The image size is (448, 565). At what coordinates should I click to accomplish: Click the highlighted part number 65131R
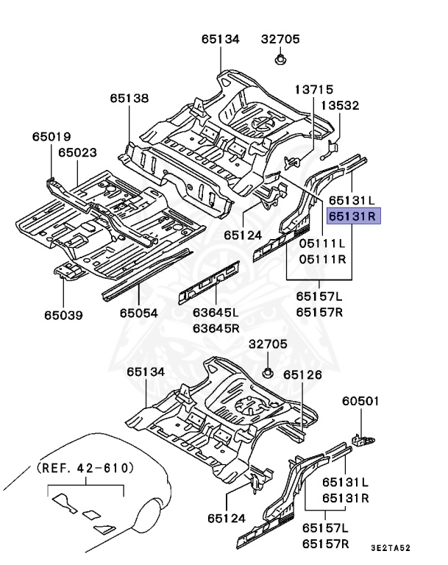352,216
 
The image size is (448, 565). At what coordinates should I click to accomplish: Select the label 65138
129,97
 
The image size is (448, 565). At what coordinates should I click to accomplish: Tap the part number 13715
314,89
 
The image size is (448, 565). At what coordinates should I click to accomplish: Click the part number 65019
51,136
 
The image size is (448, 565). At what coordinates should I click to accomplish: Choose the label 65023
78,152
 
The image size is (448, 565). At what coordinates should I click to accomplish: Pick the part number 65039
63,316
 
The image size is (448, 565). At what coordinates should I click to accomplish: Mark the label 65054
139,313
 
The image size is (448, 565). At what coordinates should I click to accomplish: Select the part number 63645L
216,313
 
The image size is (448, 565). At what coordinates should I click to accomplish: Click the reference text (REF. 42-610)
85,467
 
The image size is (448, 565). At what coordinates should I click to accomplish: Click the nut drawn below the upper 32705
281,59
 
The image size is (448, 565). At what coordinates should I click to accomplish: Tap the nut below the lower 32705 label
270,371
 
